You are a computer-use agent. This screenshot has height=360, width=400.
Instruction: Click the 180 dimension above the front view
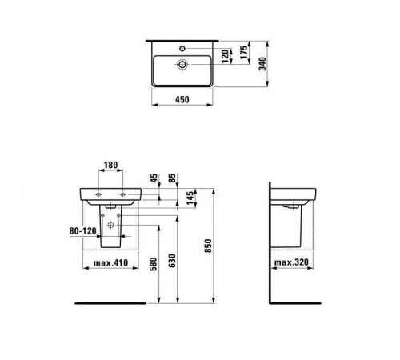[x=111, y=166]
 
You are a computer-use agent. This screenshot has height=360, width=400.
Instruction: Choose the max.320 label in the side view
[x=290, y=262]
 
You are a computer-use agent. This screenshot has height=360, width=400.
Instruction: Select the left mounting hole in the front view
[x=98, y=194]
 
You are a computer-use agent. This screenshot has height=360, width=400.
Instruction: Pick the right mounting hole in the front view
[x=124, y=194]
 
